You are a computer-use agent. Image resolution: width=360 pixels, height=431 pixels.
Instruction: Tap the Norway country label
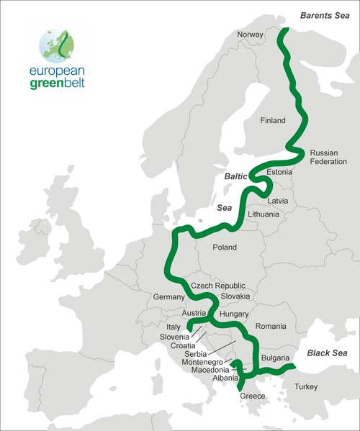251,35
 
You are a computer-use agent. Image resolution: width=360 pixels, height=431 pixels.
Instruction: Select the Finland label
273,120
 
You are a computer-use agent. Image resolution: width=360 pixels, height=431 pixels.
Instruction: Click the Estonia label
279,173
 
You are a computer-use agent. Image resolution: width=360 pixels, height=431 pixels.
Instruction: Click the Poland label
229,248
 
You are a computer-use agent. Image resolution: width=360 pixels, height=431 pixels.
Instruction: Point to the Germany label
170,297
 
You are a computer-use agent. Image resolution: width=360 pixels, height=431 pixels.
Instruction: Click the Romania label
271,327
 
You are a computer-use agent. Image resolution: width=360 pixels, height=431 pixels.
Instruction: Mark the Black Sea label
327,353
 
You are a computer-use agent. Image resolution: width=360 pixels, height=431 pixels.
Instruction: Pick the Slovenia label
174,336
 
